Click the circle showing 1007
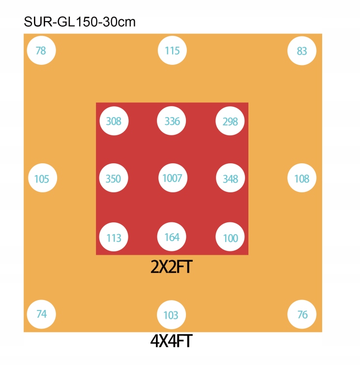(173, 178)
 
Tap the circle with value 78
(41, 50)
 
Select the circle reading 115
(172, 50)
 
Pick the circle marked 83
(302, 51)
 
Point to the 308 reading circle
(114, 121)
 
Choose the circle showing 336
(172, 121)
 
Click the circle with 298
(230, 121)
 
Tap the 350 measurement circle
(114, 178)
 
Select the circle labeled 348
(230, 178)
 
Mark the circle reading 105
(43, 178)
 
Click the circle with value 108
(302, 178)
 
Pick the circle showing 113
(114, 237)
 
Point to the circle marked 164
(172, 237)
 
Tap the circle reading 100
(230, 237)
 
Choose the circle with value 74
(41, 314)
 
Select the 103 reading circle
(172, 315)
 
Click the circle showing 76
(302, 314)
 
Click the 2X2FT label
(172, 267)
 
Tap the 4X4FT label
(172, 341)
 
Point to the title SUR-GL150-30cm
(80, 22)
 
